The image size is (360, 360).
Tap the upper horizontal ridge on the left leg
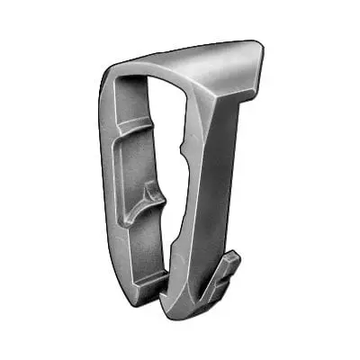coord(135,126)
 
